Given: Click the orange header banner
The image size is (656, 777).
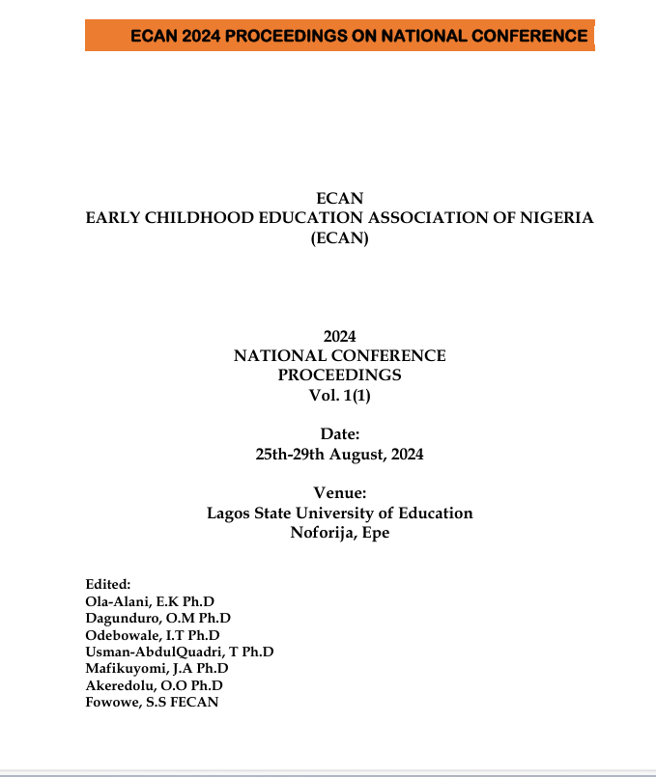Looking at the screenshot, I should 339,36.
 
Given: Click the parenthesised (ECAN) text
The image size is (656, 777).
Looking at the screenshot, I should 339,238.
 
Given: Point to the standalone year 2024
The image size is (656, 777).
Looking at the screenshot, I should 339,337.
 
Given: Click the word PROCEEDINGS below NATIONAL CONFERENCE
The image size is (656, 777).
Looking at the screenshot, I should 339,375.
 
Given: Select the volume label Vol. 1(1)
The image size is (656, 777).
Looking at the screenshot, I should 339,394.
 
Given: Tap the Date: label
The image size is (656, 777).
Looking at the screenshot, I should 339,434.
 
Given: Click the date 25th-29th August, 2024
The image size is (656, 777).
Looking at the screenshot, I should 339,454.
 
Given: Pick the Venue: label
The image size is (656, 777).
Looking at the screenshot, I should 339,494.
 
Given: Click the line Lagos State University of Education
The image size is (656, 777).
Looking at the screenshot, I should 339,513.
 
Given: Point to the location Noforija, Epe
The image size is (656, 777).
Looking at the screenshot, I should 339,533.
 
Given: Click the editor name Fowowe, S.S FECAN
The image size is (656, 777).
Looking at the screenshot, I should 152,702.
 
